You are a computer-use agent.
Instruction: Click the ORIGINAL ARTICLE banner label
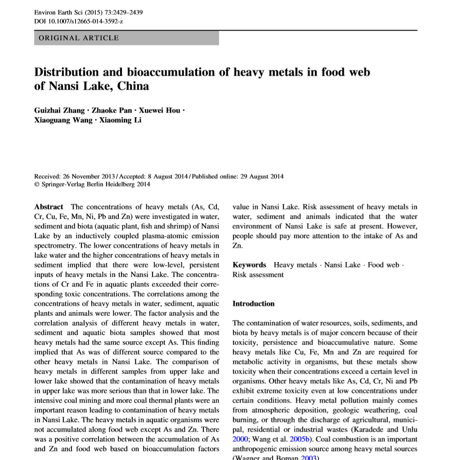tap(79, 38)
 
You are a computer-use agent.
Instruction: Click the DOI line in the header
tap(79, 21)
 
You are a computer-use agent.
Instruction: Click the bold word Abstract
tap(49, 207)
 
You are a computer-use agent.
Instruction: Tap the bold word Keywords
tap(249, 265)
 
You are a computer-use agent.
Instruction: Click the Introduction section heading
tap(253, 303)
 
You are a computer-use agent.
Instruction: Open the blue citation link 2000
tap(240, 439)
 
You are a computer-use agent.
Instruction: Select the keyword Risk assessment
tap(258, 275)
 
